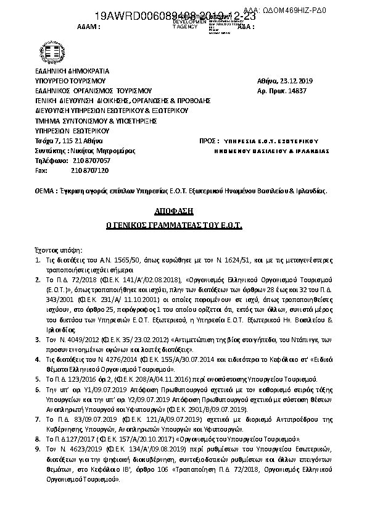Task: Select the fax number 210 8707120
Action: tap(90, 170)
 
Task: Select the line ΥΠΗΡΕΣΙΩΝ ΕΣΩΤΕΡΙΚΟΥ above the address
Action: tap(72, 131)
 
